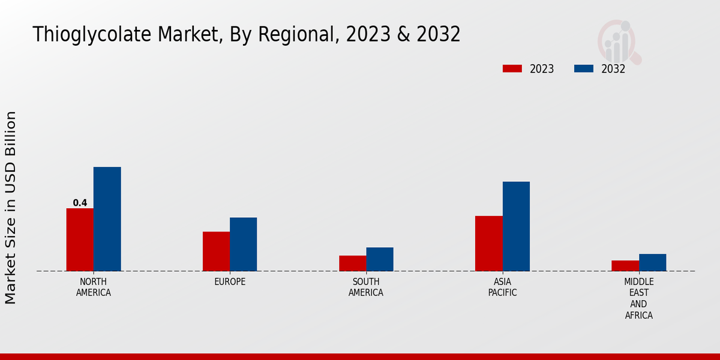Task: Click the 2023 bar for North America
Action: (x=80, y=239)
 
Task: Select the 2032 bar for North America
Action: (x=107, y=219)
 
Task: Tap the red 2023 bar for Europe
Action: (x=216, y=251)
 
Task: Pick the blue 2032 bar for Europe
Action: (x=243, y=244)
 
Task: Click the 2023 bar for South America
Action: (x=352, y=263)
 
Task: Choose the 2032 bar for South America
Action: (x=380, y=259)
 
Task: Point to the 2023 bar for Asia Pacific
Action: (x=488, y=243)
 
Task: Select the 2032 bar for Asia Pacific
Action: (x=516, y=226)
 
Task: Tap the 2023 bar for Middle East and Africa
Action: (x=625, y=266)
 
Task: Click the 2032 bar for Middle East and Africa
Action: (x=652, y=262)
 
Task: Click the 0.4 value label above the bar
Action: (x=80, y=203)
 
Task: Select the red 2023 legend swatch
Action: (x=512, y=68)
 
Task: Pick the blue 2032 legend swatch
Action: (x=584, y=68)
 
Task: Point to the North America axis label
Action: (x=94, y=287)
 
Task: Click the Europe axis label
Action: (x=230, y=282)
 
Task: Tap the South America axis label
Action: (x=366, y=287)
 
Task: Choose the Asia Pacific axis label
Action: (x=502, y=287)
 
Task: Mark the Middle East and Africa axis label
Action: (x=639, y=298)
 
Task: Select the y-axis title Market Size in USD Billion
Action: (x=11, y=207)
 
